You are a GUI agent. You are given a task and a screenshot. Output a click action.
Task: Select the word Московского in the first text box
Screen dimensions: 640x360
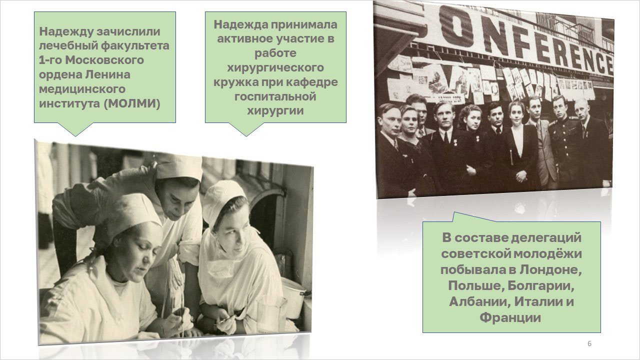104,60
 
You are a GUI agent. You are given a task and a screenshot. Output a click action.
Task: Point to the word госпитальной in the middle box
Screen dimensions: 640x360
275,96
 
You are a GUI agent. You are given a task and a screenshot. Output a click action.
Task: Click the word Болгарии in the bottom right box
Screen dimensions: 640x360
541,285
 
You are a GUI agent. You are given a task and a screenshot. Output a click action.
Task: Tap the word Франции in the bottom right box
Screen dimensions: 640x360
510,317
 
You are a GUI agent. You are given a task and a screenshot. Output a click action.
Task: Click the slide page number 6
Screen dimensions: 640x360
589,343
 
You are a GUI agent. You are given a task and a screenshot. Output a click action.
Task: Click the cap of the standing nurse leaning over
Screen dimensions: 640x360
178,167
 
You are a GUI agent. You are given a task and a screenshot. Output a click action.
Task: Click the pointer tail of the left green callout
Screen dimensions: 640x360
75,129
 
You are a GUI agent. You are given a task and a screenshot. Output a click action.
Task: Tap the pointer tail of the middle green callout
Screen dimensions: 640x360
246,129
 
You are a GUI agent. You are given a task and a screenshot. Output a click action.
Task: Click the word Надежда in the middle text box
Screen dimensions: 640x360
240,24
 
